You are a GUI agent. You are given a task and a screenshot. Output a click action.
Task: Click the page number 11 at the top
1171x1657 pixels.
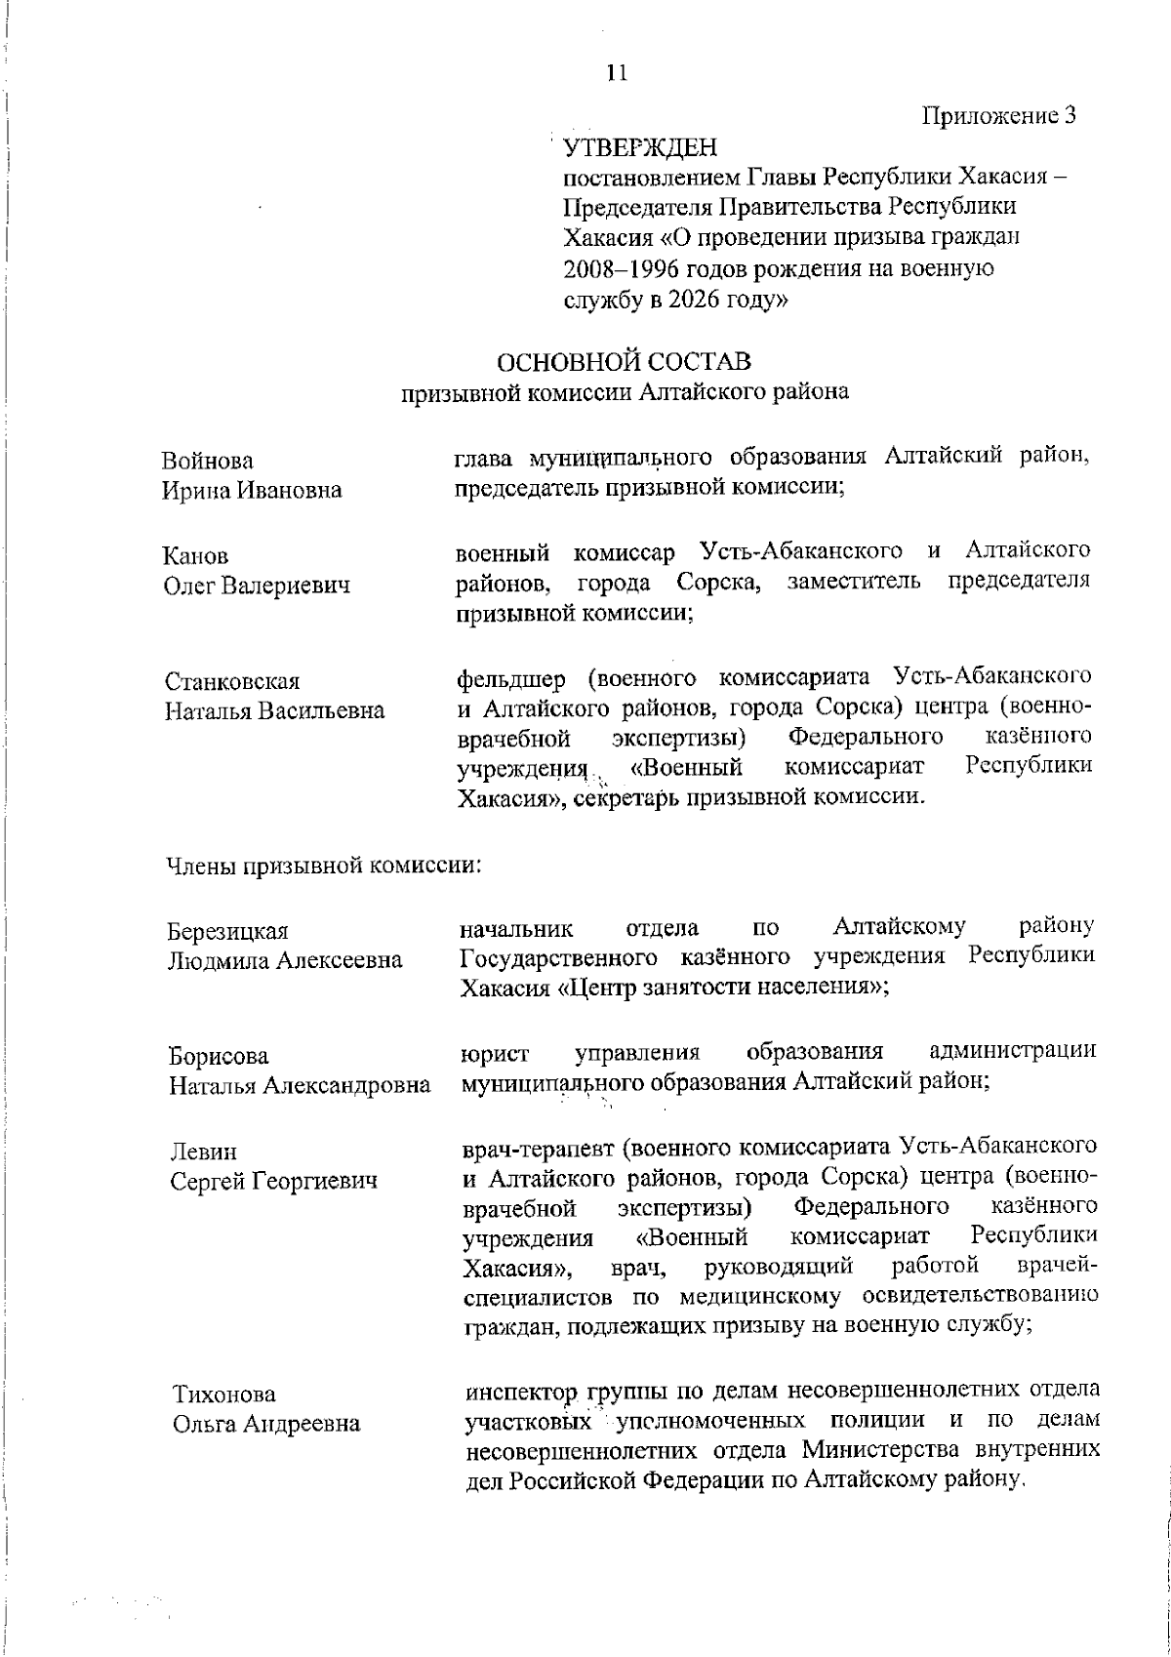616,72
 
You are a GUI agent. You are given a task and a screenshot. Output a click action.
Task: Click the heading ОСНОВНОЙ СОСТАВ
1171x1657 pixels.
625,363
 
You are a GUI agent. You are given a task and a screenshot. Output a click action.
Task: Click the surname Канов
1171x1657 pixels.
196,556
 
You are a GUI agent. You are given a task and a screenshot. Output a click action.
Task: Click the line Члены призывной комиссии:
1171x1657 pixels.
322,865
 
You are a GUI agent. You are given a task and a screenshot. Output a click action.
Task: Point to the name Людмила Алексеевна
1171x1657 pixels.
285,961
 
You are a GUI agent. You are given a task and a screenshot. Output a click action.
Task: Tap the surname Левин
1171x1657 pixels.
204,1152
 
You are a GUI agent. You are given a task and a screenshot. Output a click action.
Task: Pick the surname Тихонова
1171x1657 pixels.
223,1394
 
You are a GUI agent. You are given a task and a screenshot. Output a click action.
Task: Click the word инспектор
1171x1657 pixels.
517,1390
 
